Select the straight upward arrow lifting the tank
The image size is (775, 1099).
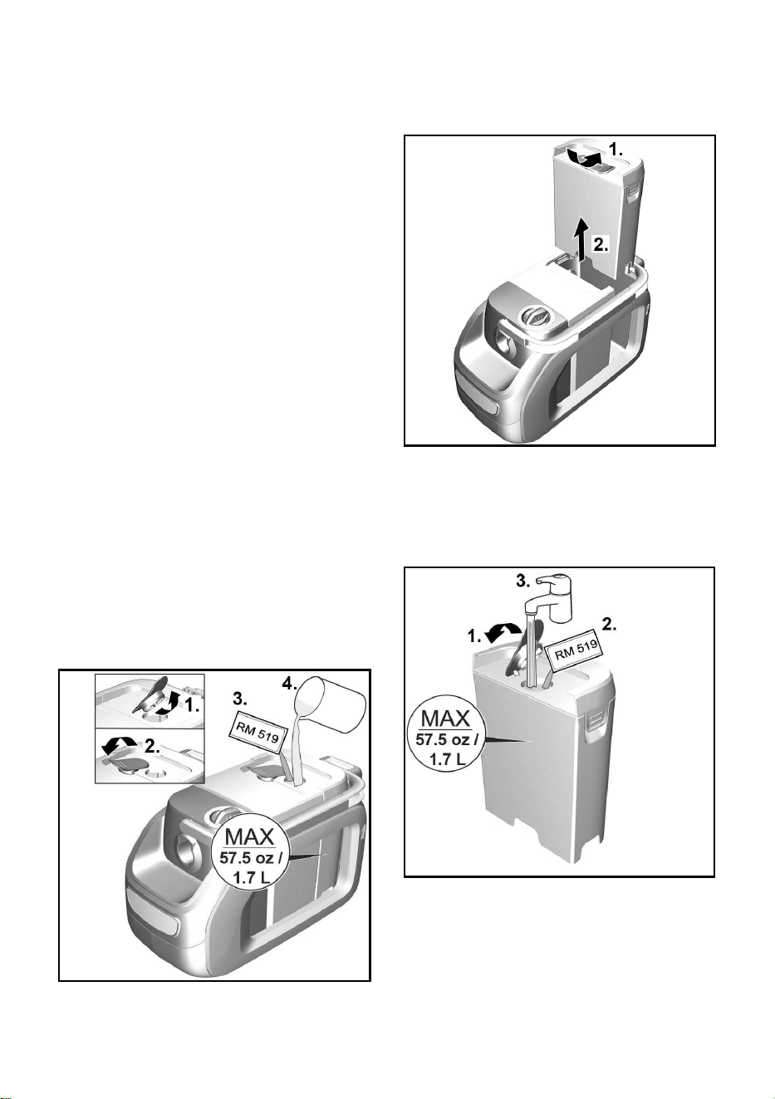click(x=582, y=239)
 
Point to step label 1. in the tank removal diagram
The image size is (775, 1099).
click(x=616, y=149)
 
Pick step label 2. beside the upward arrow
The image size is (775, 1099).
click(x=601, y=244)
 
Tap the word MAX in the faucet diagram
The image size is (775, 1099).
click(x=445, y=719)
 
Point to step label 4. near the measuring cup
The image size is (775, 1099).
click(x=289, y=683)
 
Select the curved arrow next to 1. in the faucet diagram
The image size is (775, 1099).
click(x=501, y=632)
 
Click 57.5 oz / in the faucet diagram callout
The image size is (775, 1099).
click(x=446, y=739)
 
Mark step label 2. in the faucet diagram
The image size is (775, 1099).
click(x=609, y=625)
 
